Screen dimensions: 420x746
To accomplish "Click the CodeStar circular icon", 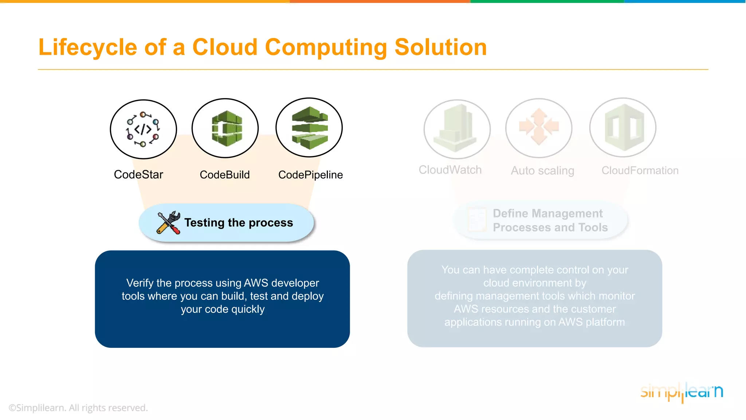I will coord(143,129).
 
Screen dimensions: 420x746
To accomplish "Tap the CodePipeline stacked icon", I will coord(309,128).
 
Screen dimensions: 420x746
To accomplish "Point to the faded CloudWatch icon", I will coord(457,129).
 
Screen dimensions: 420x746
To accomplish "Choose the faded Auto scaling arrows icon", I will coord(539,128).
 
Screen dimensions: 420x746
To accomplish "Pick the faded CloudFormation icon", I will coord(623,128).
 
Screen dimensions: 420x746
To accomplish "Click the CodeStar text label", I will coord(138,175).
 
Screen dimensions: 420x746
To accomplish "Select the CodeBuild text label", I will coord(225,175).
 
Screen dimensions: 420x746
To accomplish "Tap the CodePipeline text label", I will coord(310,175).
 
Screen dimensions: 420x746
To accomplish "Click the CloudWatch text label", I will coord(450,170).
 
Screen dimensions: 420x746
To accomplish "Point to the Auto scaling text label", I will coord(542,171).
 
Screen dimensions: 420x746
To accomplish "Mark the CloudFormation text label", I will coord(640,171).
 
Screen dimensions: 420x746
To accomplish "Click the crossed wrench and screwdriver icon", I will coord(168,222).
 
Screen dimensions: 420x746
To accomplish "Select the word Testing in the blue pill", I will coord(204,223).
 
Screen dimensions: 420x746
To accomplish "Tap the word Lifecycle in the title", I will coord(88,47).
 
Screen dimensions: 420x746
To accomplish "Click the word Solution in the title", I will coord(441,47).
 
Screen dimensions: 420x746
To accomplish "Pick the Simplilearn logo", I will coord(682,392).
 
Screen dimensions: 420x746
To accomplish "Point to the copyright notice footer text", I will coord(78,408).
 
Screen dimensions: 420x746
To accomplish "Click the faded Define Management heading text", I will coord(547,213).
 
